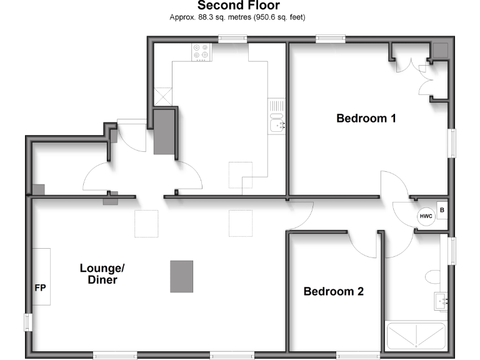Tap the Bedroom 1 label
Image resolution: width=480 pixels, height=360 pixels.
366,118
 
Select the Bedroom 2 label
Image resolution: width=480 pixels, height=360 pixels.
334,291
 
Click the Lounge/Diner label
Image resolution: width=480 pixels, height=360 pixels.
102,274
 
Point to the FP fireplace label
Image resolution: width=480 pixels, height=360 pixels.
40,288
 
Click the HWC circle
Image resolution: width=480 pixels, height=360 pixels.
426,216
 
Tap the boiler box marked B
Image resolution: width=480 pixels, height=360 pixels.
442,211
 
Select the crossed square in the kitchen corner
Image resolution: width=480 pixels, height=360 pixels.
164,96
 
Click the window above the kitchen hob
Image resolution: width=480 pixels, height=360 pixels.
232,39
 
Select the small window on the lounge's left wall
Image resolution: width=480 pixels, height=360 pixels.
27,322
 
